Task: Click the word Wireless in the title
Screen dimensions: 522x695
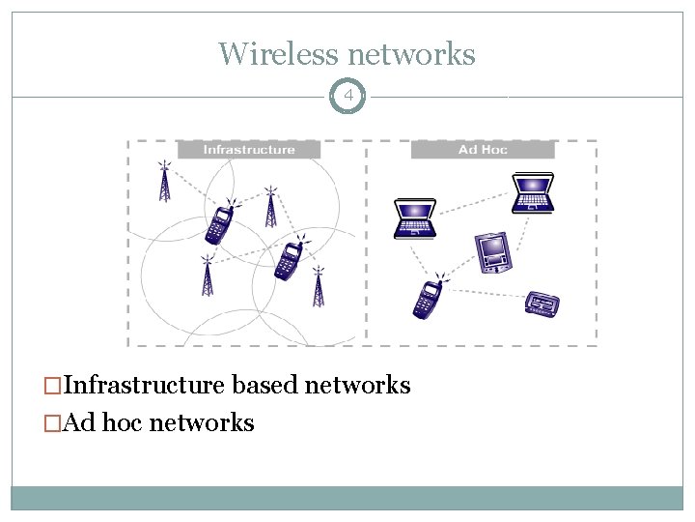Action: (x=277, y=53)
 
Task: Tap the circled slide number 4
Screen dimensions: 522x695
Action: (x=347, y=97)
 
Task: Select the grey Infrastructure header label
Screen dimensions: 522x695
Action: (x=249, y=150)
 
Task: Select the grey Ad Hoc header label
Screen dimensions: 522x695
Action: (x=483, y=150)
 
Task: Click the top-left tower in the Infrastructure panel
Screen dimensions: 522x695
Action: (x=164, y=181)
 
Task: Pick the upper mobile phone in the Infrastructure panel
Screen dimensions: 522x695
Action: (x=220, y=225)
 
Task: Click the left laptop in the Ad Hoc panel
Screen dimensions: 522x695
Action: (x=414, y=217)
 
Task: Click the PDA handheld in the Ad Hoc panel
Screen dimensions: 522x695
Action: (x=493, y=252)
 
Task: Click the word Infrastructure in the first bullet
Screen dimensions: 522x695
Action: (x=144, y=386)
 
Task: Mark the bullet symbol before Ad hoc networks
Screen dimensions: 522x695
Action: (x=53, y=423)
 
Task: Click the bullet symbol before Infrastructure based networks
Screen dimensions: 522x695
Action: (x=53, y=387)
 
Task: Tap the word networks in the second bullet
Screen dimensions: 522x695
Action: (x=203, y=422)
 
